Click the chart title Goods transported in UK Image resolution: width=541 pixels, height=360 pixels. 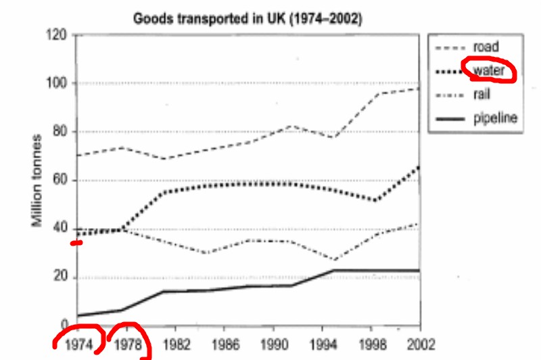pos(247,18)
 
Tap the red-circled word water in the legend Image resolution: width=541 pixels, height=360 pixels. pos(488,70)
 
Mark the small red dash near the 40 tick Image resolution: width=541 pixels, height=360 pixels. pos(76,242)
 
